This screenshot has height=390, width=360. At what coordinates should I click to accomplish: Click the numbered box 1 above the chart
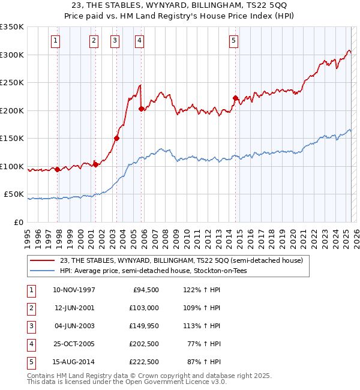(x=55, y=41)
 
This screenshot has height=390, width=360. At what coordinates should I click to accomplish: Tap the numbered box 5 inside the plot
(x=233, y=41)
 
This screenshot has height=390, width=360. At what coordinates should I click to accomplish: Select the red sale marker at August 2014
(x=235, y=98)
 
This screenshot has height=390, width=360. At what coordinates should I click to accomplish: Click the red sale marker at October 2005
(x=142, y=109)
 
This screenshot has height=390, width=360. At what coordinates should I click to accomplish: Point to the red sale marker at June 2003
(x=116, y=139)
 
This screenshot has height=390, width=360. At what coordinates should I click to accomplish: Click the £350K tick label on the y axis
(x=13, y=27)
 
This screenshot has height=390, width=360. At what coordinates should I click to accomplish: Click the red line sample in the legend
(x=41, y=260)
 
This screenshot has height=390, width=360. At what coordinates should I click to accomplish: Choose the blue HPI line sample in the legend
(x=41, y=271)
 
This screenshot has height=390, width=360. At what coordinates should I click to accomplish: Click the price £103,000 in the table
(x=144, y=308)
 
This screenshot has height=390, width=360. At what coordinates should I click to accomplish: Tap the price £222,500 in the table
(x=144, y=362)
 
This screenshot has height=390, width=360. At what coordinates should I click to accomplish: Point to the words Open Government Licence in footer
(x=175, y=382)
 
